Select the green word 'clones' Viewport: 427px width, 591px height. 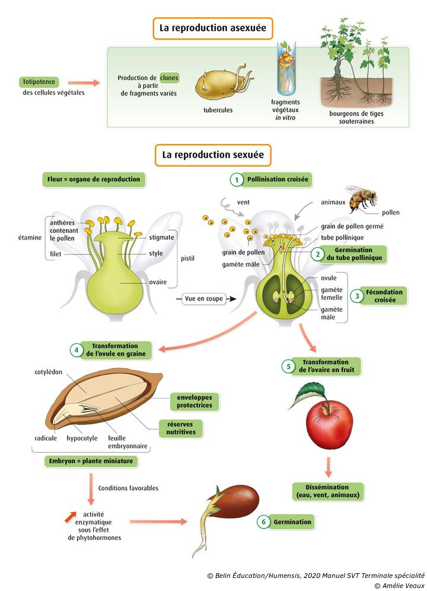[x=169, y=78]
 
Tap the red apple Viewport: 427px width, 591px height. [x=329, y=423]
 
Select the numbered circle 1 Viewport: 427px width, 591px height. [x=237, y=179]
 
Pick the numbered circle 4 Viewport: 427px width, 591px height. [x=77, y=350]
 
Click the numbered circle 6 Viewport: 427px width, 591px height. [x=263, y=522]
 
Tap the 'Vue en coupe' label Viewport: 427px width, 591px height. [x=204, y=298]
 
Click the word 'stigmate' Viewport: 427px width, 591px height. [x=162, y=237]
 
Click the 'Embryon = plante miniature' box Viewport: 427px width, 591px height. [x=91, y=461]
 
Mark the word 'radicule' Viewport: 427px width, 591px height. [x=46, y=438]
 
